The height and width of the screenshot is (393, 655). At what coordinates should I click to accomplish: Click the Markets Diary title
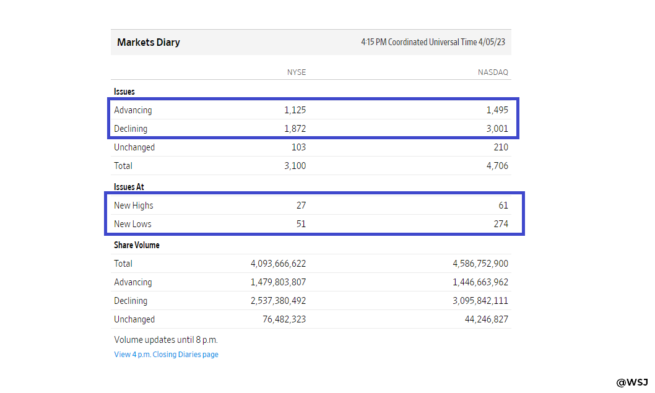[x=149, y=42]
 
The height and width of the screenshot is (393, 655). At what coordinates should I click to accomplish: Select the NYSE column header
[x=296, y=72]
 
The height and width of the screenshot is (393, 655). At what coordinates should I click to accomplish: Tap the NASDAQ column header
[x=493, y=72]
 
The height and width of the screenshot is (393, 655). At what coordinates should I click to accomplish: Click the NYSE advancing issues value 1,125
[x=295, y=110]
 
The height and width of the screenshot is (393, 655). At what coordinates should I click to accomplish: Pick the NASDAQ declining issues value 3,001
[x=497, y=129]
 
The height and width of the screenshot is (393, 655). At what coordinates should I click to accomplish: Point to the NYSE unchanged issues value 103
[x=298, y=147]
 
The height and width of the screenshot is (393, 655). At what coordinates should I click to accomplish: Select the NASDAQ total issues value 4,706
[x=497, y=166]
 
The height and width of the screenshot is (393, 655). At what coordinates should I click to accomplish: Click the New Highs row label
[x=134, y=205]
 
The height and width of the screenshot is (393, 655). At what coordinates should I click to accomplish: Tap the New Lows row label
[x=132, y=224]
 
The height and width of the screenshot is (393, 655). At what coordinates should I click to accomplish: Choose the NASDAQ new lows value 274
[x=501, y=224]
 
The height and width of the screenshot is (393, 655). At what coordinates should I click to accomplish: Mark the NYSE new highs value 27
[x=301, y=205]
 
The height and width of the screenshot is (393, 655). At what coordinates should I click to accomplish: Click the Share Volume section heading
[x=137, y=245]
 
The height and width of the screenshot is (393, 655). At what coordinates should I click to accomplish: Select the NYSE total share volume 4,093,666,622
[x=278, y=264]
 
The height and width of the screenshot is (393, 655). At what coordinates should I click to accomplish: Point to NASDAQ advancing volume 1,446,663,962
[x=480, y=282]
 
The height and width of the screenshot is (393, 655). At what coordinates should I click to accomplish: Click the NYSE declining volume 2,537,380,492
[x=278, y=301]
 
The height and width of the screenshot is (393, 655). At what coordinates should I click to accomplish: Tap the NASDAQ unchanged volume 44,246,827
[x=487, y=319]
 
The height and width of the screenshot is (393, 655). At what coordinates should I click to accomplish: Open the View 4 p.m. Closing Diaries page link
[x=167, y=355]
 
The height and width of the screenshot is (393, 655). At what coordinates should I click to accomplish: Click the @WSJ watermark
[x=632, y=382]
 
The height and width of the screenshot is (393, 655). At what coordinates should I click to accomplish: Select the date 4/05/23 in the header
[x=492, y=42]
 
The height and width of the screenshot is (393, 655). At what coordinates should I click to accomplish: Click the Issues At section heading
[x=129, y=187]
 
